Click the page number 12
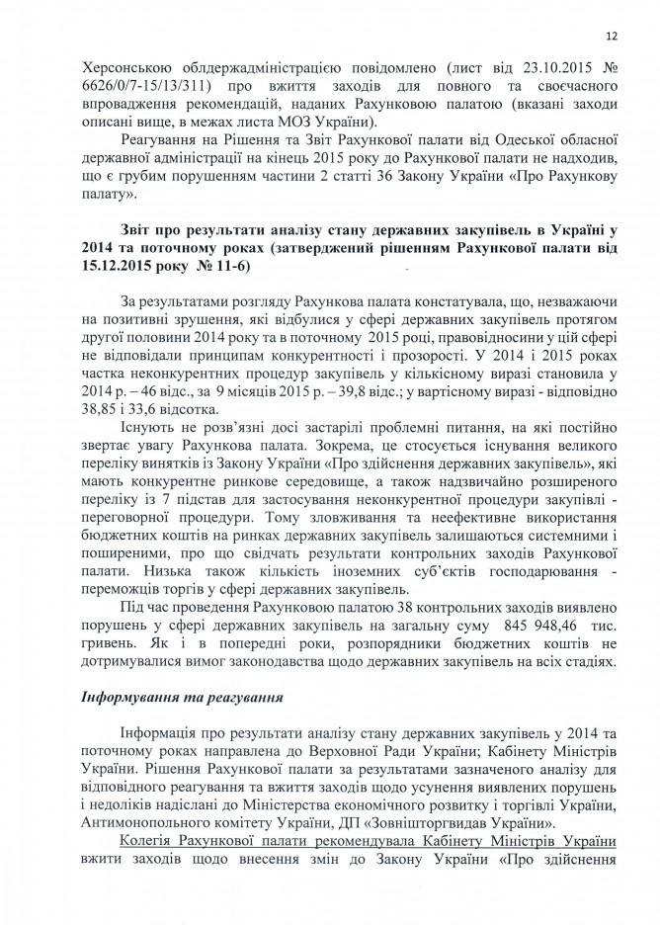click(612, 37)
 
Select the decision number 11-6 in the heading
click(232, 267)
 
